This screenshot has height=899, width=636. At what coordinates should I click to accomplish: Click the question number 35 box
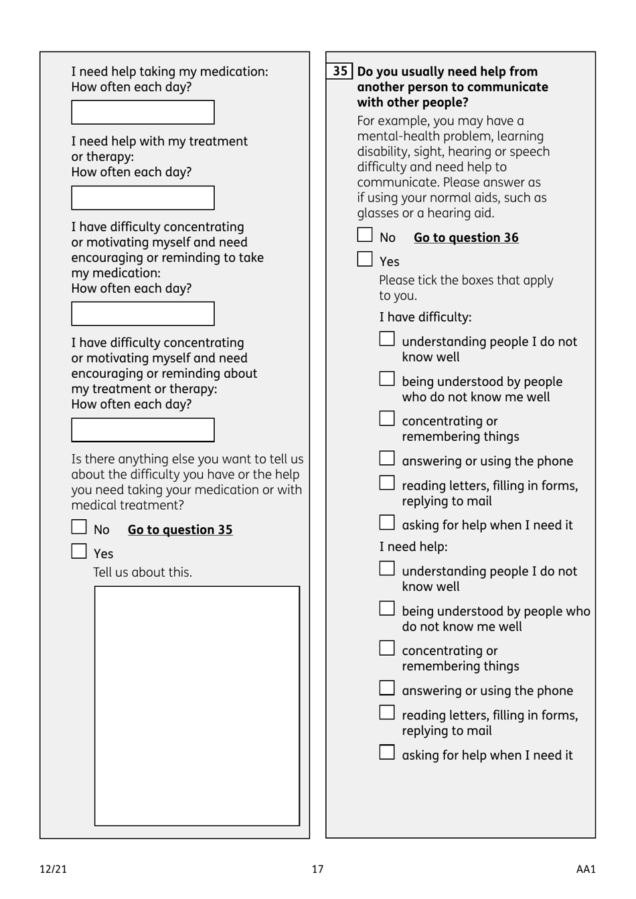[340, 71]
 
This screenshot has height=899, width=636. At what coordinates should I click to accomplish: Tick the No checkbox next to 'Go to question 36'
[365, 235]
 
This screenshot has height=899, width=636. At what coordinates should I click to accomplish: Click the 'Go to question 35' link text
[180, 530]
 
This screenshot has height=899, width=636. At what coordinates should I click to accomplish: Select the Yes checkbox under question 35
[365, 259]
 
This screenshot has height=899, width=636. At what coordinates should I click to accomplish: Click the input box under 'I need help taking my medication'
[143, 113]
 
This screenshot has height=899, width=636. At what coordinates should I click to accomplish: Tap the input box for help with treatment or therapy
[143, 198]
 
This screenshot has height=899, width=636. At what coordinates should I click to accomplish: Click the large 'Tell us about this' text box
[197, 706]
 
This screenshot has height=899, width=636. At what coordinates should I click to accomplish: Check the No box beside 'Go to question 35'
[79, 527]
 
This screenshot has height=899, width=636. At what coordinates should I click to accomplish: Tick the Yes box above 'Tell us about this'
[79, 551]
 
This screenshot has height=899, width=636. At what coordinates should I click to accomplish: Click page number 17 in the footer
[317, 870]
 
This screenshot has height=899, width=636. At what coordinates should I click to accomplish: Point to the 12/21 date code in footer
[54, 870]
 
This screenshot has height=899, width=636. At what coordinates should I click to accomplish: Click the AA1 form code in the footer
[585, 870]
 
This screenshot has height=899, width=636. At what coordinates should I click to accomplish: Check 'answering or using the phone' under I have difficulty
[387, 459]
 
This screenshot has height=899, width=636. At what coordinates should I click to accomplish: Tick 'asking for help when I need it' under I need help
[387, 753]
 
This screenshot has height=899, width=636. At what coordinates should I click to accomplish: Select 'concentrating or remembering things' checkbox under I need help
[387, 648]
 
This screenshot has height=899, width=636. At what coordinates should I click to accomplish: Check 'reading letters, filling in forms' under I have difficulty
[387, 483]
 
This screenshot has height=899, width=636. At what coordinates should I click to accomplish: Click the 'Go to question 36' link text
[466, 238]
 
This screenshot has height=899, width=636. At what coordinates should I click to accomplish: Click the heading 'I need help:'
[413, 547]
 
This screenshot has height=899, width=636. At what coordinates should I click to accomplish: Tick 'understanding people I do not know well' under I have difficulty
[387, 339]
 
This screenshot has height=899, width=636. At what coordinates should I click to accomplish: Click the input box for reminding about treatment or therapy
[143, 430]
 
